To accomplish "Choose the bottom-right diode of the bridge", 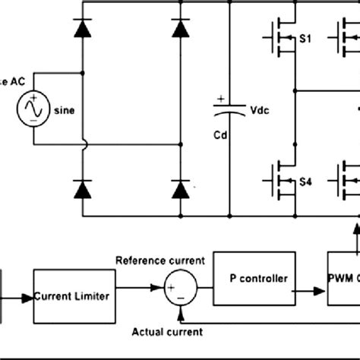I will pos(180,188).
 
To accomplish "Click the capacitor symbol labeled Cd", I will pos(229,112).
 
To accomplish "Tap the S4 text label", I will pos(305,182).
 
